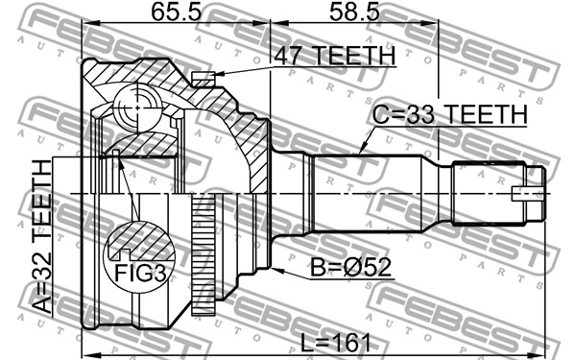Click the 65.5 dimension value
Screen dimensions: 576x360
click(x=176, y=12)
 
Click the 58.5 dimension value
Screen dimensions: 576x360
click(x=353, y=12)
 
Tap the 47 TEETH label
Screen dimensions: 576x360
click(x=334, y=56)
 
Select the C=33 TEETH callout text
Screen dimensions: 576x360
click(x=449, y=114)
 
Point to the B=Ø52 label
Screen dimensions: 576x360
click(x=350, y=267)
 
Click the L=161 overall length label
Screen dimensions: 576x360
click(x=335, y=343)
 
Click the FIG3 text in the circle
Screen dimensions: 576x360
click(x=140, y=274)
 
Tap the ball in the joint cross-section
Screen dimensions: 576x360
click(x=137, y=108)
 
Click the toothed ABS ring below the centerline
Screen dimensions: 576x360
click(x=204, y=254)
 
